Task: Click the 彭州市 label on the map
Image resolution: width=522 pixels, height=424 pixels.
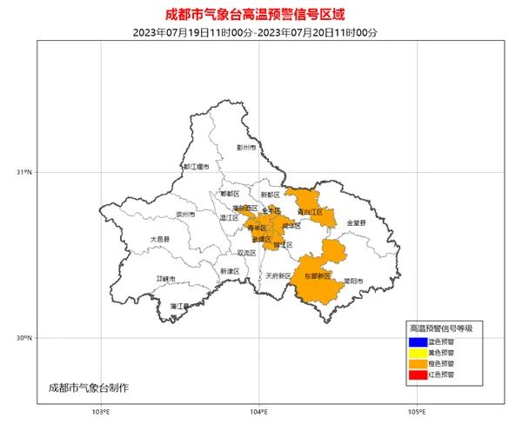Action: coord(246,148)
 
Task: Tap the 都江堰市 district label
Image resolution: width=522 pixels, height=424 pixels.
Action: coord(197,166)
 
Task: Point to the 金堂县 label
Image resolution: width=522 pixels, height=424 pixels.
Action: coord(357,223)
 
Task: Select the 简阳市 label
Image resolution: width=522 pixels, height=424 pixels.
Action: coord(352,281)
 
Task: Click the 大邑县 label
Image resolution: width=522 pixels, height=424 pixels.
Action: coord(159,238)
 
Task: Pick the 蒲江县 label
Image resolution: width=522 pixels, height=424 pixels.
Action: coord(180,306)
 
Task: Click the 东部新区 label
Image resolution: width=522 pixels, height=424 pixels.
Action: coord(318,275)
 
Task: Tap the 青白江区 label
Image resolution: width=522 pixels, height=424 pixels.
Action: coord(309,211)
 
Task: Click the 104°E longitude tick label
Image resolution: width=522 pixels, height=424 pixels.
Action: coord(258,411)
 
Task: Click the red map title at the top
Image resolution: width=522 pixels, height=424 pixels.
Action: coord(260,14)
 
